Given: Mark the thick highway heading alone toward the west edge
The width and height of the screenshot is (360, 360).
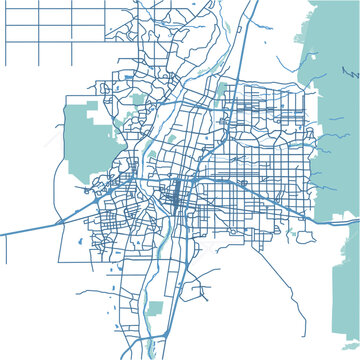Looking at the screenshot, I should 30,229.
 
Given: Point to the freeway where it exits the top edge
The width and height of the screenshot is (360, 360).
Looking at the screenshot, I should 256,3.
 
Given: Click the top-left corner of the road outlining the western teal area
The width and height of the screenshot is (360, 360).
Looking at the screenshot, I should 64,97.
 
